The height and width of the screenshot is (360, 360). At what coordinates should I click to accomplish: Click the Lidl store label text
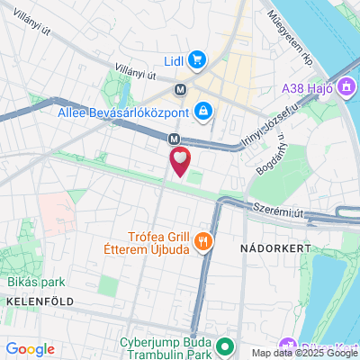(175, 61)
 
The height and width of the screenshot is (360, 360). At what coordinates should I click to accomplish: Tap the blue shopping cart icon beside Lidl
(198, 61)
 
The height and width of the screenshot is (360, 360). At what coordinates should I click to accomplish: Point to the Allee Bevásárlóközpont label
(121, 112)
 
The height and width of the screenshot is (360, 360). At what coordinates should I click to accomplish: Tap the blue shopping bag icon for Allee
(204, 111)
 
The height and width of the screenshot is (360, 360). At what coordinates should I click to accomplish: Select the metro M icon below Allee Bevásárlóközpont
(174, 138)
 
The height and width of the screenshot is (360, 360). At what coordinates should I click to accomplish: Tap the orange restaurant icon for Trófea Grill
(204, 240)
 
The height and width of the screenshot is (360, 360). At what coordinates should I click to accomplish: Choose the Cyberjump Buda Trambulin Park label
(165, 349)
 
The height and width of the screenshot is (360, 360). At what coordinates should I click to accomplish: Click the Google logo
(30, 349)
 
